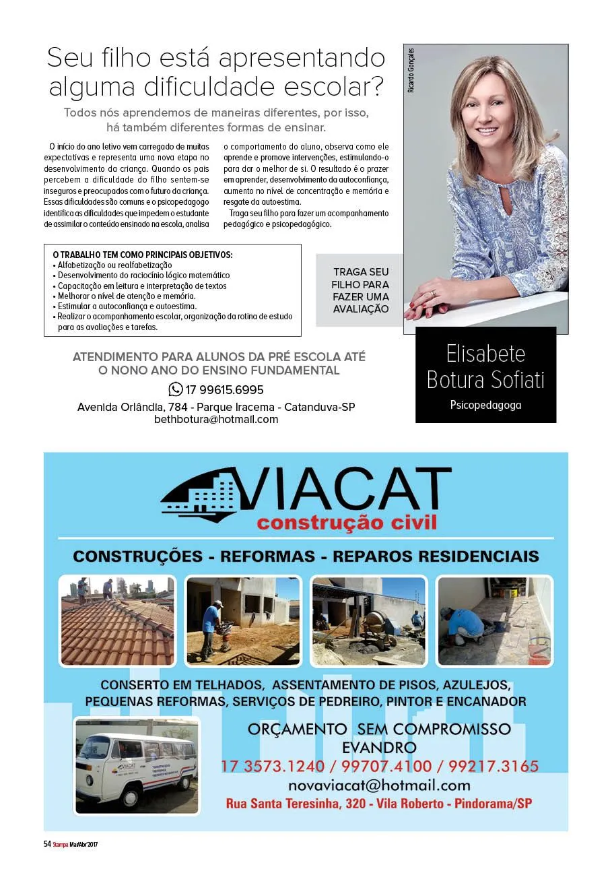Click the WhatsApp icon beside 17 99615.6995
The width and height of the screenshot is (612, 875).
point(175,389)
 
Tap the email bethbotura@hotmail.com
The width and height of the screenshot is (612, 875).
point(216,419)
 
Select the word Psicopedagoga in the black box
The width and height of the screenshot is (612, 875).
point(485,405)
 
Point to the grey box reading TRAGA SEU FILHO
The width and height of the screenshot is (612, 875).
point(360,290)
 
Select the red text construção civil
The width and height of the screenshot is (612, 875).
point(347,522)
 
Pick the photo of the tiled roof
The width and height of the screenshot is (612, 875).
point(116,620)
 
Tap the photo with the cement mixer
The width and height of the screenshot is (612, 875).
point(368,620)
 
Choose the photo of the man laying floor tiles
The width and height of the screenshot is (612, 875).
point(494,620)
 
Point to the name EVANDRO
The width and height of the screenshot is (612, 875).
point(379,748)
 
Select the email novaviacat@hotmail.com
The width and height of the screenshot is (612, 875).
point(379,785)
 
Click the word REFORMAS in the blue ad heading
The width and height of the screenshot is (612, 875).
point(267,556)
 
